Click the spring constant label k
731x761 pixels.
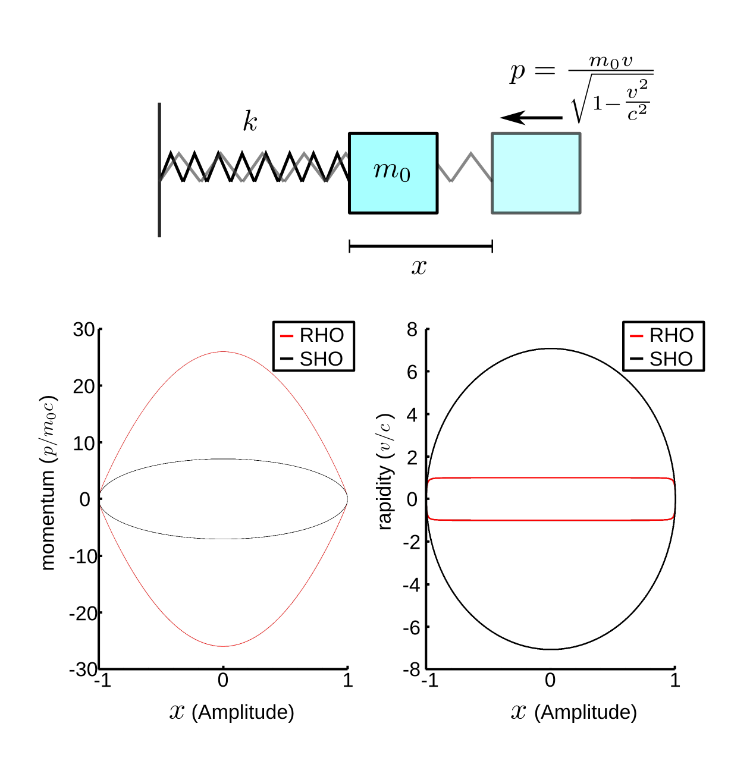tap(250, 121)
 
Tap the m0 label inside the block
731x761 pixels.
tap(392, 171)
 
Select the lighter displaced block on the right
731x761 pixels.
tap(536, 173)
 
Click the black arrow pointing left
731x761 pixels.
tap(531, 118)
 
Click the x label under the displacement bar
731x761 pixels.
tap(419, 267)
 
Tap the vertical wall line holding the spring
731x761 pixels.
tap(159, 170)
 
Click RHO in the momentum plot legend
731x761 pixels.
tap(321, 335)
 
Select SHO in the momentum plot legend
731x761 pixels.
tap(321, 359)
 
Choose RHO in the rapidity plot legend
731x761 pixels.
tap(671, 335)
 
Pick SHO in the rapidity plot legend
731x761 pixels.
tap(671, 359)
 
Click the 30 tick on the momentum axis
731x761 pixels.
tap(84, 329)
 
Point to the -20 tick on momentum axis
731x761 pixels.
tap(82, 613)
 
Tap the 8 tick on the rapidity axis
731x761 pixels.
tap(412, 329)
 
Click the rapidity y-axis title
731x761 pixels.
tap(385, 471)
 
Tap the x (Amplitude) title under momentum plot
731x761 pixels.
tap(232, 712)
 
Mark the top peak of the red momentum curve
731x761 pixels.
tap(223, 351)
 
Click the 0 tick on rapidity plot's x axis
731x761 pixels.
tap(550, 680)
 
